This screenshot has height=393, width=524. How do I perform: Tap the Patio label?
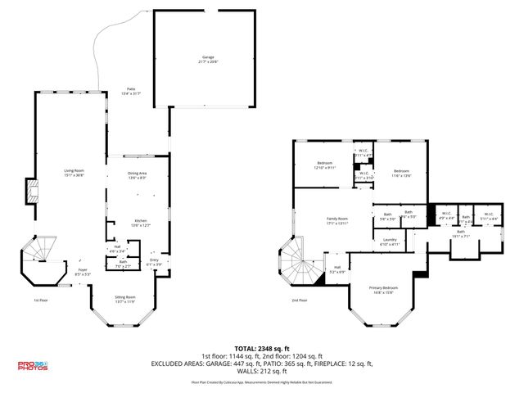[x=130, y=91]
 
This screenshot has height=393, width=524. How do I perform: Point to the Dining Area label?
[x=137, y=174]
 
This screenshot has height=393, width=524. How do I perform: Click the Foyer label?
[x=83, y=271]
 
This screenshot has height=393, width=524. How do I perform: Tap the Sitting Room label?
[x=124, y=299]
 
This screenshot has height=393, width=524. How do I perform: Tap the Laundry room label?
[x=390, y=242]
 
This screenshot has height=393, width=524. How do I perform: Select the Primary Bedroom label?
[x=383, y=289]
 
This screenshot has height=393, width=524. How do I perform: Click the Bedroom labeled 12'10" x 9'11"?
[x=324, y=165]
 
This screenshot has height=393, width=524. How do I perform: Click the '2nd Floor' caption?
[x=300, y=300]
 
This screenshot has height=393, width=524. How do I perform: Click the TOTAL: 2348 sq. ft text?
[x=261, y=347]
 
